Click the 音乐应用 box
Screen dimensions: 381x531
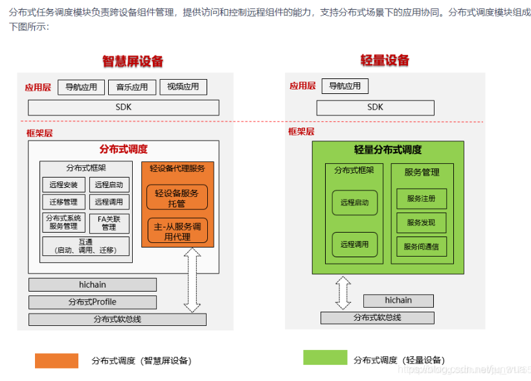tap(132, 87)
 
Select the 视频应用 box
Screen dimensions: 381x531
tap(183, 87)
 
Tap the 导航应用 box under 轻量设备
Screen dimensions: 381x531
tap(345, 86)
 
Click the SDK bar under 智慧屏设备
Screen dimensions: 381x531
tap(123, 107)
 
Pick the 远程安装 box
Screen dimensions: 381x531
tap(63, 185)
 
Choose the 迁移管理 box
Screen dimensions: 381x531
tap(63, 202)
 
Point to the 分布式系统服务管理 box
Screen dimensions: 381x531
tap(63, 222)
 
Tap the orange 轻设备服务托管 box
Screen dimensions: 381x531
tap(177, 198)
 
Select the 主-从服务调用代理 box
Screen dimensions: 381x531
tap(177, 231)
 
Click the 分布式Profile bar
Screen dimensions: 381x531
tap(93, 302)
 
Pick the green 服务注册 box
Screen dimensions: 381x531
tap(421, 198)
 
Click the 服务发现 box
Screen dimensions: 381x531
tap(421, 222)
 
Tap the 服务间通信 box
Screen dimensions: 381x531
tap(421, 246)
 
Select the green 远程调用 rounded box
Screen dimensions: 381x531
tap(354, 244)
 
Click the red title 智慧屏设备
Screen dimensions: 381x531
tap(133, 62)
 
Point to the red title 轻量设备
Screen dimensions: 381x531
tap(385, 60)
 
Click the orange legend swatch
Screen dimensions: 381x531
tap(56, 360)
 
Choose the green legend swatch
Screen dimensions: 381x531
tap(325, 358)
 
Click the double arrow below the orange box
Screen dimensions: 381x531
tap(192, 280)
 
